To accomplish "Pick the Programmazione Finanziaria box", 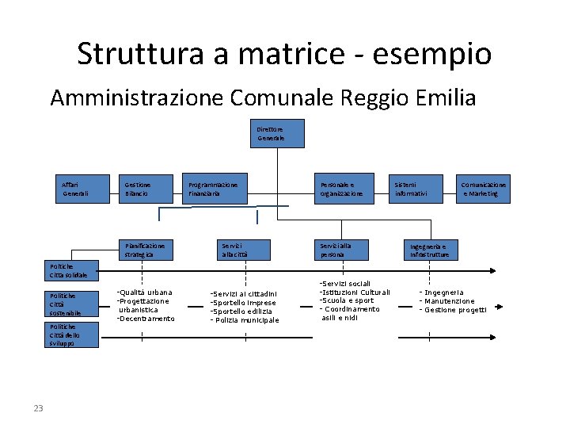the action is (x=215, y=189).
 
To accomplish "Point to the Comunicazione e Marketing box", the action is (x=484, y=189).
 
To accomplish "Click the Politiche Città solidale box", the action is (x=73, y=271).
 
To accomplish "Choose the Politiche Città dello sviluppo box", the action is (x=73, y=334).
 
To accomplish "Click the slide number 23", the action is (x=38, y=408).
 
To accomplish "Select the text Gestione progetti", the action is (x=455, y=310).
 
